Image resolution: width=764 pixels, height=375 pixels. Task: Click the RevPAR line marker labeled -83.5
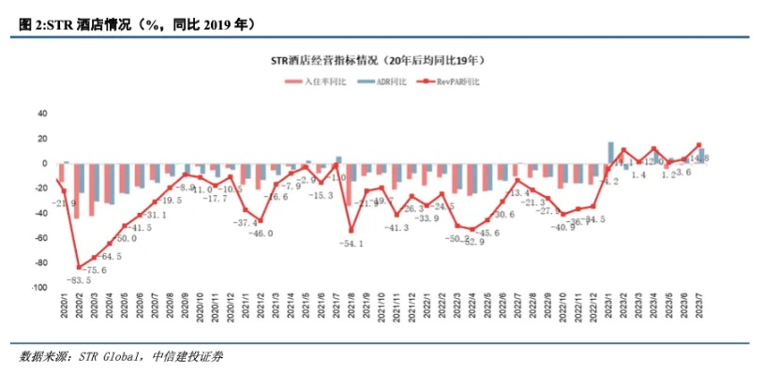(x=79, y=267)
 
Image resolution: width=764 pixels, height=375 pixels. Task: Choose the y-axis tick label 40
(x=42, y=112)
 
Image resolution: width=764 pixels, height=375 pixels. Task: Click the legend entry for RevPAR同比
(x=457, y=82)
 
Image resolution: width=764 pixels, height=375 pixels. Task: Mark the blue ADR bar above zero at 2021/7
(x=338, y=159)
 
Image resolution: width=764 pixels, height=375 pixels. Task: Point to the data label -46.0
(x=259, y=233)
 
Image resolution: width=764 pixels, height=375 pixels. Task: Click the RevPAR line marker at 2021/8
(x=351, y=231)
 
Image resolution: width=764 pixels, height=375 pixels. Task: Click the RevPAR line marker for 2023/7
(x=698, y=145)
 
